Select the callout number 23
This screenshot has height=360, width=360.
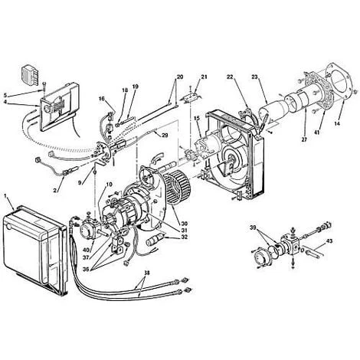pyautogui.click(x=254, y=77)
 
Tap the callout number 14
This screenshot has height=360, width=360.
pyautogui.click(x=337, y=123)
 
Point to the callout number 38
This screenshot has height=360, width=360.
pyautogui.click(x=147, y=273)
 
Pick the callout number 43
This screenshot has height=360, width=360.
pyautogui.click(x=329, y=241)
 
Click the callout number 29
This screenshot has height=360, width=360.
pyautogui.click(x=165, y=135)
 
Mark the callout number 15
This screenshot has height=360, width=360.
pyautogui.click(x=196, y=118)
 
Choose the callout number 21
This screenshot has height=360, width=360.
pyautogui.click(x=204, y=77)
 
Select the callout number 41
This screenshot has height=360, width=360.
pyautogui.click(x=316, y=132)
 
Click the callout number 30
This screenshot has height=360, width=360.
pyautogui.click(x=184, y=216)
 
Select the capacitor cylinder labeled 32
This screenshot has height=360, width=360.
pyautogui.click(x=154, y=239)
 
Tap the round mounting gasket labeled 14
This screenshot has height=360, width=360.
pyautogui.click(x=339, y=80)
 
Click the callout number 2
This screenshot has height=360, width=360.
pyautogui.click(x=55, y=190)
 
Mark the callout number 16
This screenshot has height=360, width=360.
pyautogui.click(x=102, y=99)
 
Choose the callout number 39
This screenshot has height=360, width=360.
pyautogui.click(x=253, y=227)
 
